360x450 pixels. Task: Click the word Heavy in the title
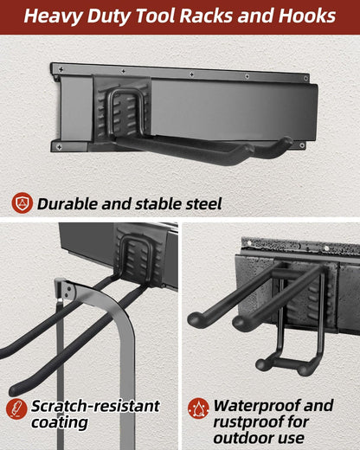click(x=59, y=16)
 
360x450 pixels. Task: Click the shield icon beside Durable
click(x=22, y=203)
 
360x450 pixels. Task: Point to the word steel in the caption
click(x=200, y=204)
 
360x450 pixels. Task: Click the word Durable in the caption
click(x=69, y=204)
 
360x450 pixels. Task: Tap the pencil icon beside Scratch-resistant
click(x=16, y=408)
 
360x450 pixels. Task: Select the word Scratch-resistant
click(x=95, y=406)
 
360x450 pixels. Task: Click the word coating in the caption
click(x=61, y=423)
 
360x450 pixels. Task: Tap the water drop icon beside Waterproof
click(x=198, y=408)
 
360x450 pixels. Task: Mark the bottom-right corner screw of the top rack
click(x=302, y=146)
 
